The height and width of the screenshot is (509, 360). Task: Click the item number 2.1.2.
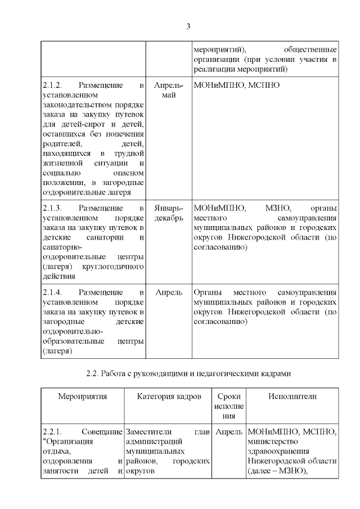click(53, 85)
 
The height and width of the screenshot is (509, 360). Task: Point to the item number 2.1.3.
click(53, 208)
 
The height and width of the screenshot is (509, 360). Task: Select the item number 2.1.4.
click(53, 292)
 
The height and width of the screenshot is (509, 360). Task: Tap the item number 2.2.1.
click(53, 432)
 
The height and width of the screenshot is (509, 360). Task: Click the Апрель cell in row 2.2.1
click(229, 432)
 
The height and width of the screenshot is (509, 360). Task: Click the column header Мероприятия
click(83, 397)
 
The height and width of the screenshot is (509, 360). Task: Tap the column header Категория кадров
click(169, 397)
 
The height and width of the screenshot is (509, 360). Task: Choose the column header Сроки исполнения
click(229, 406)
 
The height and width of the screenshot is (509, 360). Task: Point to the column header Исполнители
click(292, 397)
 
